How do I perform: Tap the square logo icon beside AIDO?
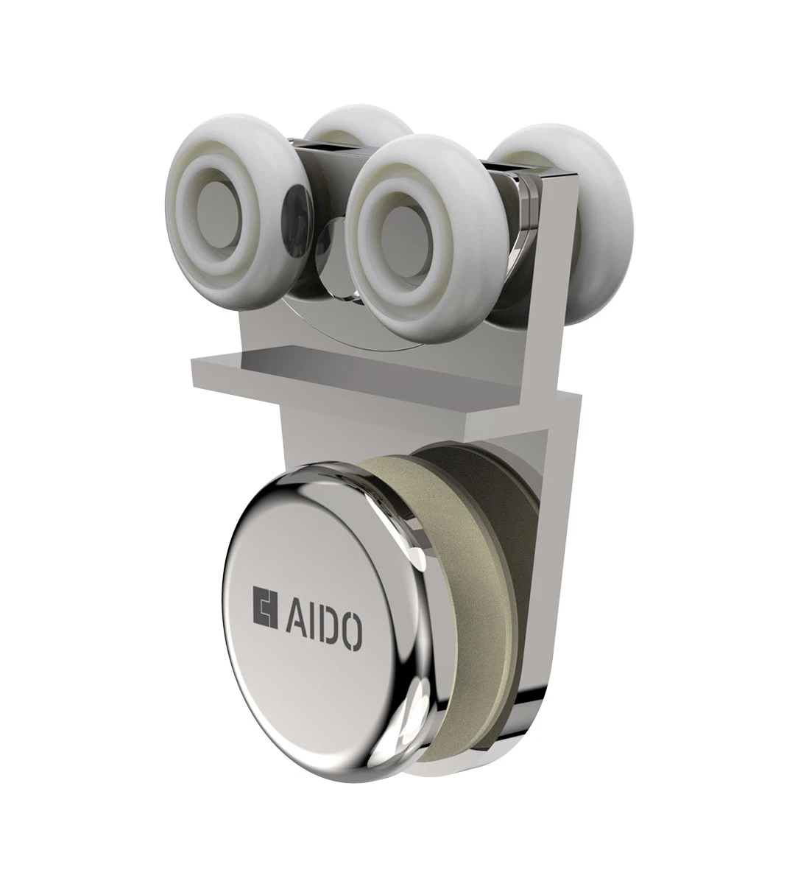click(x=266, y=607)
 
